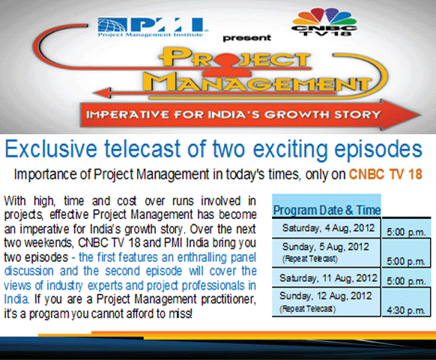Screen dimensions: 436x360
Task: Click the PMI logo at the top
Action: [152, 27]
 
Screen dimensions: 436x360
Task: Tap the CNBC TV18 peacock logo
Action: [324, 22]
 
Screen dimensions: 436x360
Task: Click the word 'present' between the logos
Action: [247, 37]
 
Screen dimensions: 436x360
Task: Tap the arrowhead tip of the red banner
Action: [420, 115]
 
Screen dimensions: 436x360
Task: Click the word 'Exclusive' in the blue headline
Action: [51, 149]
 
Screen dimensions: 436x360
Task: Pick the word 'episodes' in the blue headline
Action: [378, 150]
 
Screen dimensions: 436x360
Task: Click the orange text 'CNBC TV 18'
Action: [386, 174]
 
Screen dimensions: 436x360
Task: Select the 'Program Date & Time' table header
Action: [327, 210]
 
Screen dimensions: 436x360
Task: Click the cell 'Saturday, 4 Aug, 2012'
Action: [326, 228]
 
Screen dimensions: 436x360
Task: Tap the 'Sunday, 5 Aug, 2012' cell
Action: [326, 252]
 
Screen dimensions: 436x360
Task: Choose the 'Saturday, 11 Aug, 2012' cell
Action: [326, 278]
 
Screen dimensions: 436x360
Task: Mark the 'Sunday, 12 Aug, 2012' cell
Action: [326, 302]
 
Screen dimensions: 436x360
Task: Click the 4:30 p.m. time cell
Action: [406, 310]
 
